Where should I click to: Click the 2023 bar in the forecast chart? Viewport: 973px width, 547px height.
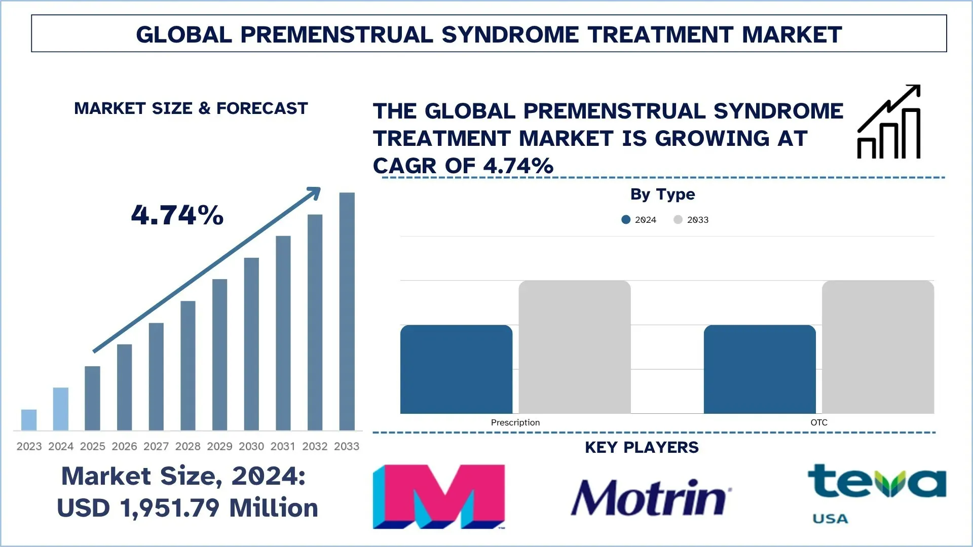click(x=29, y=420)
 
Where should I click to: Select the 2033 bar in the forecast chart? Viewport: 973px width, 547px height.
click(x=347, y=311)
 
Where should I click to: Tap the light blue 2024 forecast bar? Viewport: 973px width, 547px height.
click(x=61, y=409)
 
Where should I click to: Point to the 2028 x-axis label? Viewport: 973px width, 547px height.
click(x=188, y=446)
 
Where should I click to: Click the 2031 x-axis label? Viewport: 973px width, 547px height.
click(x=283, y=446)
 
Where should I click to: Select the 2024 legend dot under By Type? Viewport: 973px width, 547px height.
click(x=626, y=219)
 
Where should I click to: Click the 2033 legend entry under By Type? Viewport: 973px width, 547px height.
click(x=692, y=219)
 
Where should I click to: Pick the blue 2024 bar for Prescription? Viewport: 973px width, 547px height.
click(x=456, y=369)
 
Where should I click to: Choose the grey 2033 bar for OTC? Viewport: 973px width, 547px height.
click(x=878, y=347)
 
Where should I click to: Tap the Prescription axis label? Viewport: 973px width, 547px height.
click(x=515, y=422)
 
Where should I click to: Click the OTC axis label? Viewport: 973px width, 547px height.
click(x=818, y=422)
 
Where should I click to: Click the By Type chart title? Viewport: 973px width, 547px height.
click(x=662, y=194)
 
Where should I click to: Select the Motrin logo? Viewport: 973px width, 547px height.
click(x=651, y=497)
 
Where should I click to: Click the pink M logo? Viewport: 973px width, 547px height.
click(x=439, y=496)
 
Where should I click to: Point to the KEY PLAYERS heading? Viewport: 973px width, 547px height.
click(x=642, y=447)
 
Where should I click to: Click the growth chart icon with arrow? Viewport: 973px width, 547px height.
click(x=889, y=122)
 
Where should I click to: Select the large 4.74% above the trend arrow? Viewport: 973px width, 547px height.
click(x=177, y=215)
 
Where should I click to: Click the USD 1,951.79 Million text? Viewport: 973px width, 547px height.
click(x=187, y=508)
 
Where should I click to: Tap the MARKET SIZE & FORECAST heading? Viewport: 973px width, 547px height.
click(x=191, y=108)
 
